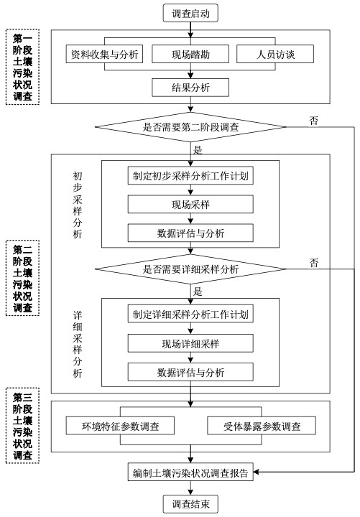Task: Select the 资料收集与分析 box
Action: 105,55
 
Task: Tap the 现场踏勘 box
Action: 190,55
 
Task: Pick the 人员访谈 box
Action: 275,55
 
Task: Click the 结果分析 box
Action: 190,88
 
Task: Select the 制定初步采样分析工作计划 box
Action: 190,176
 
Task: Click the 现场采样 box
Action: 190,204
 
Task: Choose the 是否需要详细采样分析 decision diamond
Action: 190,269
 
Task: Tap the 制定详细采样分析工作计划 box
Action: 190,315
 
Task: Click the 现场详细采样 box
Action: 190,343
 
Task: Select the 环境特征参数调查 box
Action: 119,427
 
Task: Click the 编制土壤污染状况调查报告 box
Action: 190,472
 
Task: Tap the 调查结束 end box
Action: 190,504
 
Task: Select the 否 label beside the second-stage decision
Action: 314,120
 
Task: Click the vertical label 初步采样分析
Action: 78,205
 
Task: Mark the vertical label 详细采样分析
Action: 78,345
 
